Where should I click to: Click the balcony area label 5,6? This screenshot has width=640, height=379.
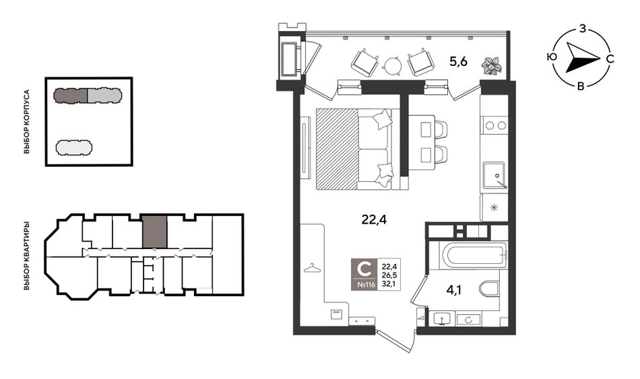[x=458, y=62]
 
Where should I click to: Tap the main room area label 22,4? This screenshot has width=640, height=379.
[x=374, y=220]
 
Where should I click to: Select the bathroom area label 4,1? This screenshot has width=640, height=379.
[x=455, y=290]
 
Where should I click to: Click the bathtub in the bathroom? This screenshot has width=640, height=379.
[x=476, y=255]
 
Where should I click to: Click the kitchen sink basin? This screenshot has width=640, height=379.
[x=493, y=176]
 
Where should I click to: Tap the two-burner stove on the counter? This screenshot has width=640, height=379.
[x=494, y=125]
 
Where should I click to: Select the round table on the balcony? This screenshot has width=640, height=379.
[x=393, y=65]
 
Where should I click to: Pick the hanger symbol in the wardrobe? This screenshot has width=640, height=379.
[x=312, y=268]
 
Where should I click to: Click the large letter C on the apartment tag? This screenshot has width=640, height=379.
[x=364, y=269]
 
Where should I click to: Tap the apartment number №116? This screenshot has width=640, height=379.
[x=366, y=285]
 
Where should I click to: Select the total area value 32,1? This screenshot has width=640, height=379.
[x=389, y=284]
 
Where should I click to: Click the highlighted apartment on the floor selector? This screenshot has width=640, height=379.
[x=155, y=232]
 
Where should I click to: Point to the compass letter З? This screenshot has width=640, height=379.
[x=583, y=29]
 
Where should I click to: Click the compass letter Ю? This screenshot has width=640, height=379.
[x=552, y=57]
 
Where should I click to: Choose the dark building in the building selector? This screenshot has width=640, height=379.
[x=71, y=95]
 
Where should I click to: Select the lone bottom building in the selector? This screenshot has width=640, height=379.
[x=74, y=147]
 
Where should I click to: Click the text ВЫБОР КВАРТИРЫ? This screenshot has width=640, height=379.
[x=27, y=256]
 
